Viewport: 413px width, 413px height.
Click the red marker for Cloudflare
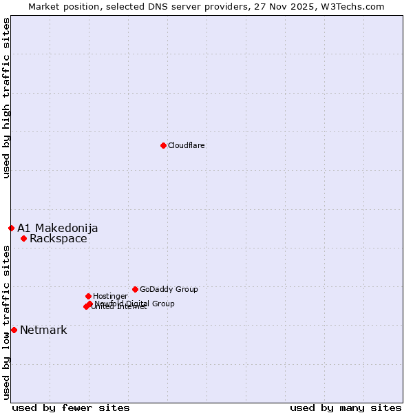point(163,145)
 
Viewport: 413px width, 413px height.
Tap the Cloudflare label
point(187,145)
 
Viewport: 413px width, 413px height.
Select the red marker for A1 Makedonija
point(11,228)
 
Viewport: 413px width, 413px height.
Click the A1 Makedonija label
point(58,228)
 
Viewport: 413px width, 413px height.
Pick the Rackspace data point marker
point(23,239)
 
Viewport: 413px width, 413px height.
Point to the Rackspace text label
point(59,239)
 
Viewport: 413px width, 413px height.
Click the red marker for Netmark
point(14,330)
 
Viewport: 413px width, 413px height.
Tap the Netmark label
point(43,330)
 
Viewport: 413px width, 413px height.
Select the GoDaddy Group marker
point(135,289)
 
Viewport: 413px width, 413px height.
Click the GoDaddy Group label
point(169,289)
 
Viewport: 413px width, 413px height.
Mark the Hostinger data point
point(88,296)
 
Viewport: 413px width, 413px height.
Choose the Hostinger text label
point(110,296)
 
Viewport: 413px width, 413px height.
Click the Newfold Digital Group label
point(135,303)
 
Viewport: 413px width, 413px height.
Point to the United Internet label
point(120,307)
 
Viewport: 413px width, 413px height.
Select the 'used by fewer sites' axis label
point(71,407)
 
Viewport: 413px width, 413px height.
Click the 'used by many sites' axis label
point(346,407)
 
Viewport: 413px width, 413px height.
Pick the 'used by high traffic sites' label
point(7,98)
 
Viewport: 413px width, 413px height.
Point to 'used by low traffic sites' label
point(7,322)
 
